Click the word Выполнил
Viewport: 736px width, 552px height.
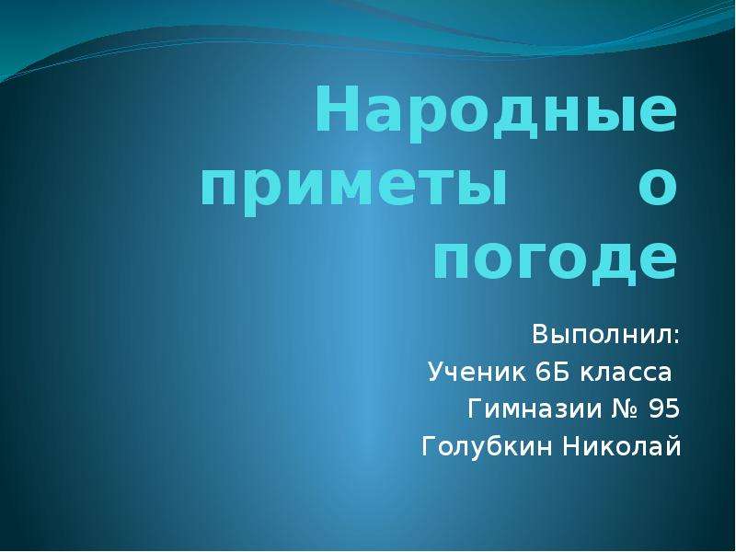pyautogui.click(x=603, y=332)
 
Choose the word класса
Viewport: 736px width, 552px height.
pyautogui.click(x=623, y=373)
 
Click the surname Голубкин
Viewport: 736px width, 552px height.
pyautogui.click(x=476, y=448)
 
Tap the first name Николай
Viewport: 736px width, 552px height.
pyautogui.click(x=622, y=448)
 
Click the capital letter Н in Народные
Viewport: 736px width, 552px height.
pyautogui.click(x=333, y=114)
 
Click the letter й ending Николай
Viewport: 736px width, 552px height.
pyautogui.click(x=674, y=448)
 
